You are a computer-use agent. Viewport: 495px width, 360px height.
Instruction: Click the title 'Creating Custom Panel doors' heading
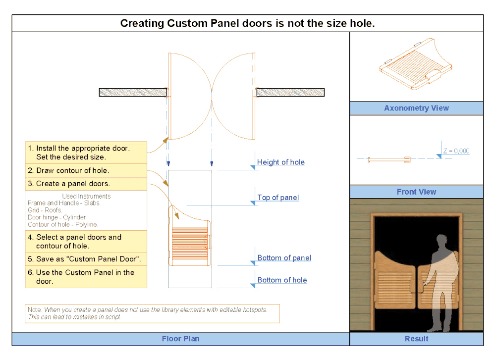click(247, 23)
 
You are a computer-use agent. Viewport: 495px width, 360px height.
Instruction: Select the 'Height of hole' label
click(280, 162)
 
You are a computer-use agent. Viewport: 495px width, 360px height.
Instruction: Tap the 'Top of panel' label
click(278, 198)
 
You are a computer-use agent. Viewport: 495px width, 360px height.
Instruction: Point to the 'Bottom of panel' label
click(284, 257)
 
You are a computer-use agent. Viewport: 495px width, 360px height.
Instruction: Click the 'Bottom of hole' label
click(282, 280)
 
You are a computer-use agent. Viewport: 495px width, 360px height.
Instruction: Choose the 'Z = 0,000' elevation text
click(456, 151)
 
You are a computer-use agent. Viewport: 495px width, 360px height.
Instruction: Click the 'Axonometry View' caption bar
click(416, 108)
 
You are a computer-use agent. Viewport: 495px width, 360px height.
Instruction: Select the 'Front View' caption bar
click(416, 192)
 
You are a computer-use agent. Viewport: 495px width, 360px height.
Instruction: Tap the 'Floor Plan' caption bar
click(180, 339)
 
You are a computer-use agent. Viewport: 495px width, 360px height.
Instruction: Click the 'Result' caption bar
click(416, 339)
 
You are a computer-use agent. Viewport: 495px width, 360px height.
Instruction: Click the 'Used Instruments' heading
click(86, 196)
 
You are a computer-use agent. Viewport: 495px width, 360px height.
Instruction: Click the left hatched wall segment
click(133, 92)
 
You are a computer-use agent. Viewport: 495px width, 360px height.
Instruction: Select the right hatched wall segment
click(290, 92)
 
